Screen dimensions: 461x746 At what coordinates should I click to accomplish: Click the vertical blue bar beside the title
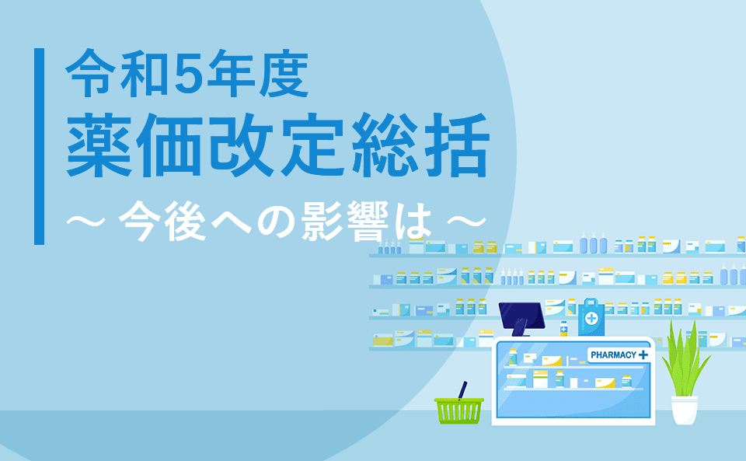coord(39,146)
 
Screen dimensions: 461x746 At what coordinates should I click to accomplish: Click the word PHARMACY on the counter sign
coord(613,355)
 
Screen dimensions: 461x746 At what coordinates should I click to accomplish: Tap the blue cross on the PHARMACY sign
coord(642,355)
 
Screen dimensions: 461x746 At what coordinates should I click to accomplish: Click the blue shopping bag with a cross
coord(591,316)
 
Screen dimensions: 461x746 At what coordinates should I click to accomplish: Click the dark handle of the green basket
coord(463,389)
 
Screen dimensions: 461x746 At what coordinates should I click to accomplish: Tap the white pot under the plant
coord(685,410)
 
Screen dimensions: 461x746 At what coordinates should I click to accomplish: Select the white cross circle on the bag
coord(591,320)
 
